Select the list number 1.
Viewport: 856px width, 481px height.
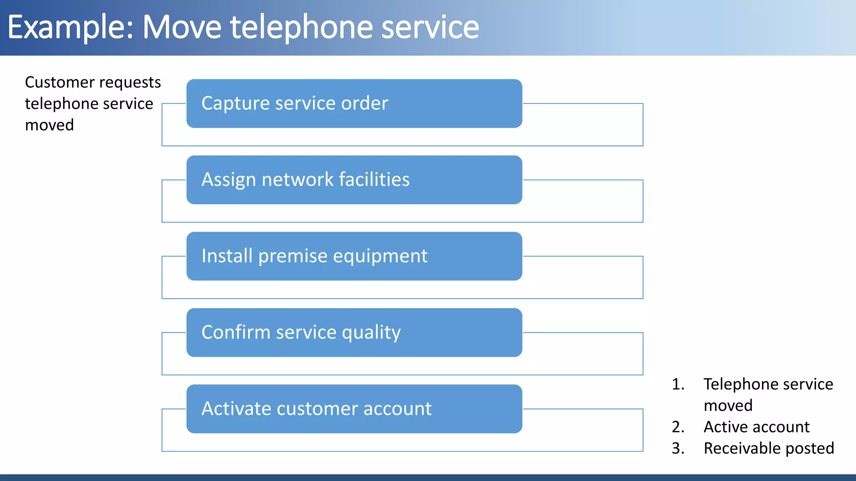coord(678,384)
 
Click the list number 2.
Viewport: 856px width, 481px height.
coord(678,427)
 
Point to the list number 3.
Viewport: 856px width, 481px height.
coord(678,448)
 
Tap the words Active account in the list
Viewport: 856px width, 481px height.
coord(757,427)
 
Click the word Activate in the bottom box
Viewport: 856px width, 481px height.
coord(236,409)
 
